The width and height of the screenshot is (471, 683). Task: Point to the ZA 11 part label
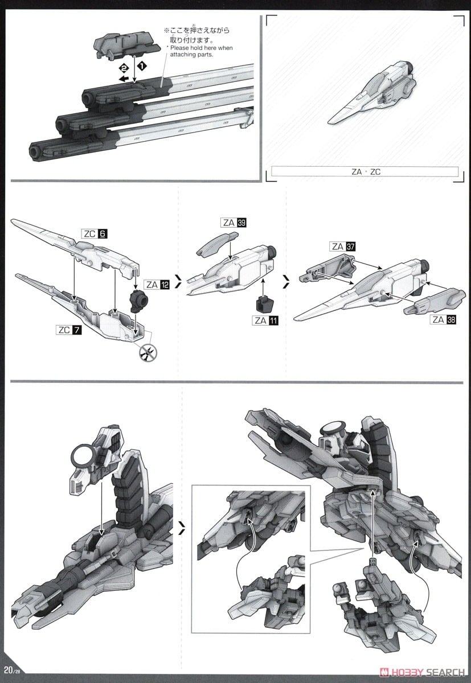266,320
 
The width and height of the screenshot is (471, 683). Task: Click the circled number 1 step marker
141,66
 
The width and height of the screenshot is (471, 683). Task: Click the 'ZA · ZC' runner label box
364,171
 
